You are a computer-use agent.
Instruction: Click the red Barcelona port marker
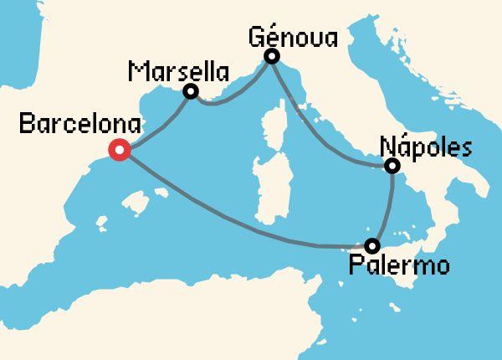tap(120, 151)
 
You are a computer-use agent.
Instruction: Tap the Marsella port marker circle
tap(191, 92)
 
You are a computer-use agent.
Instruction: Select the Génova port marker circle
tap(271, 57)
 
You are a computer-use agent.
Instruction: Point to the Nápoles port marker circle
tap(392, 167)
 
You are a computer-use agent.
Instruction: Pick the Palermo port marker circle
tap(372, 245)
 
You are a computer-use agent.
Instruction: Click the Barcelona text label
tap(69, 126)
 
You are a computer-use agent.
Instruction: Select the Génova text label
tap(292, 37)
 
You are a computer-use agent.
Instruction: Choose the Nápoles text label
tap(426, 147)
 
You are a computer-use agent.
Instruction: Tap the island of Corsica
tap(274, 120)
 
